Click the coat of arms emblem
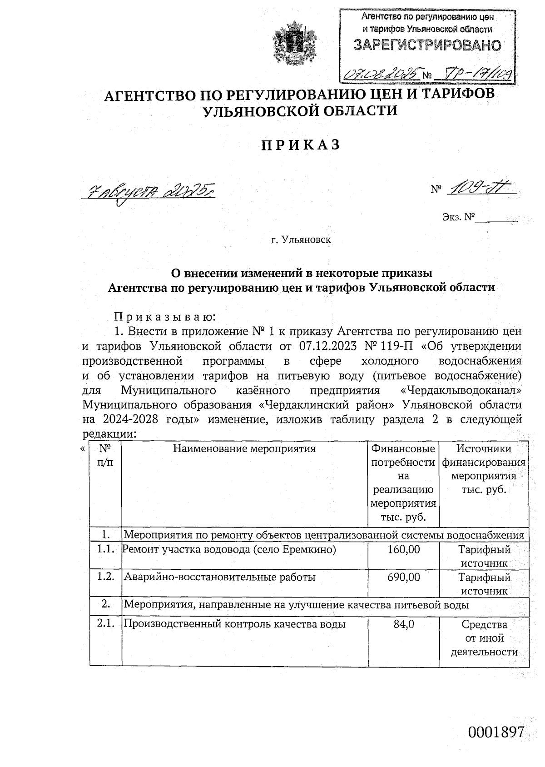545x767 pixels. coord(295,43)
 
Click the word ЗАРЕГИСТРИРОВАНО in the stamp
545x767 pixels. coord(427,45)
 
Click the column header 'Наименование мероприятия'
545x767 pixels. coord(244,449)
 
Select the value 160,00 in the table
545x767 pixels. coord(403,549)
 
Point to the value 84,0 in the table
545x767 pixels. coord(403,624)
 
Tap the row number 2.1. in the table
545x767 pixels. coord(105,624)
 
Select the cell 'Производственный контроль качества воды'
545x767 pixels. coord(235,624)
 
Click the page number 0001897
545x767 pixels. coord(496,732)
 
